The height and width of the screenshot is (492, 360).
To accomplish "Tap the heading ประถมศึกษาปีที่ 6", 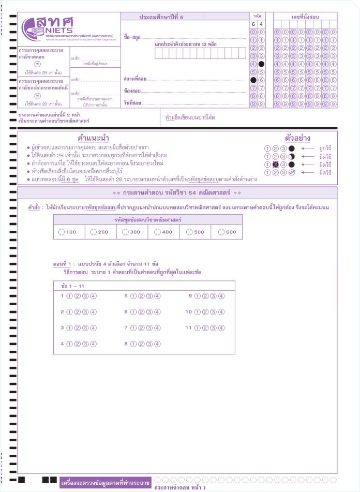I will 161,17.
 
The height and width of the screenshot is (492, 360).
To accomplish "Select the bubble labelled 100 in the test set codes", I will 62,232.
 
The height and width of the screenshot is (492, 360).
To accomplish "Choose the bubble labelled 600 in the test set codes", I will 221,232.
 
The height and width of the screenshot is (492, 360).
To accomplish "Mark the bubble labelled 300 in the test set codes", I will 126,232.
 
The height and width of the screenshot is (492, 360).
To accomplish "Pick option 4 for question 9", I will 221,296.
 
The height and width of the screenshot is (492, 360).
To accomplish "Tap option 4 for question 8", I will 157,344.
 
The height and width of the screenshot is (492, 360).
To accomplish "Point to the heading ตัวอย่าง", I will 297,138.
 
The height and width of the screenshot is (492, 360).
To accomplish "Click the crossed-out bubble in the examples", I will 275,165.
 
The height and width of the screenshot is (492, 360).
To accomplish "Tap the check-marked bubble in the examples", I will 291,172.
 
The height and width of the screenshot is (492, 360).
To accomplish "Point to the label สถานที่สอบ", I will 135,79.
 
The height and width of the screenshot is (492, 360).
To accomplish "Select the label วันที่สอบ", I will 132,103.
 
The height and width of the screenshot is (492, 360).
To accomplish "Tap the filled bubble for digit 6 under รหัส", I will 253,80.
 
